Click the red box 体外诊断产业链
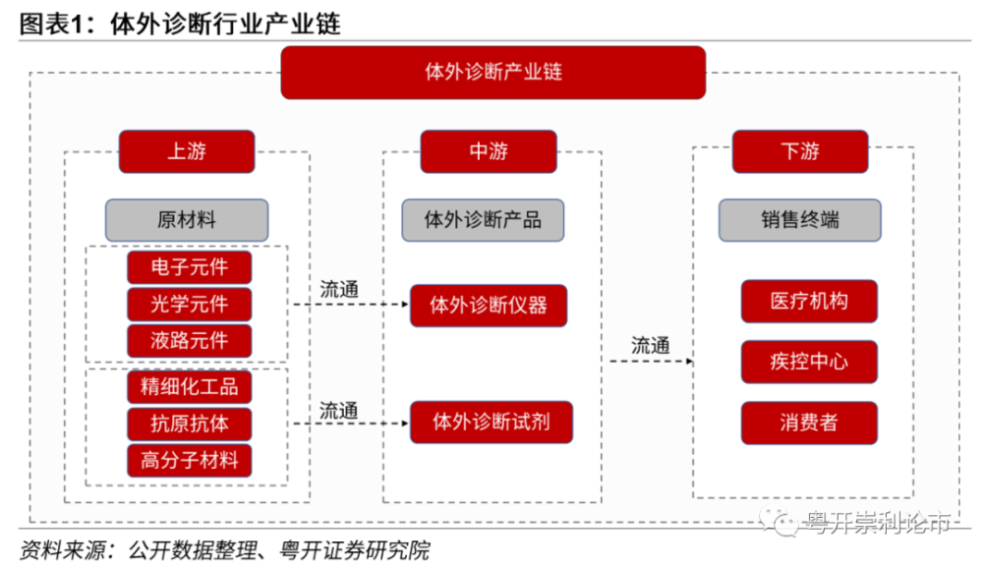(x=493, y=72)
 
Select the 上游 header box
(x=187, y=151)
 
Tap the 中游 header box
(x=489, y=151)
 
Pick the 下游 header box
(x=800, y=151)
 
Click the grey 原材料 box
(x=187, y=220)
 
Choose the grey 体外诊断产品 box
(x=483, y=220)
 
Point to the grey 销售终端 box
(x=800, y=220)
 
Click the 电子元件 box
(x=190, y=267)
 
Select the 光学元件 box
(x=190, y=304)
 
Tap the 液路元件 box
(x=190, y=340)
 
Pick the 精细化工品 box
(x=190, y=387)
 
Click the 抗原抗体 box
(x=190, y=424)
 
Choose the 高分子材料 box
(x=190, y=461)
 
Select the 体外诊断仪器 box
(x=489, y=306)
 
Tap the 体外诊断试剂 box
(x=491, y=422)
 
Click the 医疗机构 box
(x=809, y=301)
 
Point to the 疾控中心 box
(x=809, y=362)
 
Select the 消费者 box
(x=809, y=423)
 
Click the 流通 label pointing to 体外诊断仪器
(x=339, y=290)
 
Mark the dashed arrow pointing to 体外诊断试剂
(x=351, y=424)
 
